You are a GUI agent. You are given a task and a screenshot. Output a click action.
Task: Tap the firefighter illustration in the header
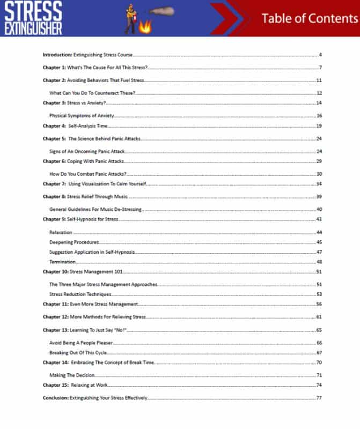pos(134,18)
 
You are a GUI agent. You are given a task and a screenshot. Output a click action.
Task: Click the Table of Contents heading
pos(309,18)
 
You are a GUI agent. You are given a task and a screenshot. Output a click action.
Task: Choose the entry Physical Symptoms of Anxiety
pos(81,116)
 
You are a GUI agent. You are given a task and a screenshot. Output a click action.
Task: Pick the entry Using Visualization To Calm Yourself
pos(107,184)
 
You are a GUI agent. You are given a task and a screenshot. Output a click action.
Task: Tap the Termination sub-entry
pos(62,262)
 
